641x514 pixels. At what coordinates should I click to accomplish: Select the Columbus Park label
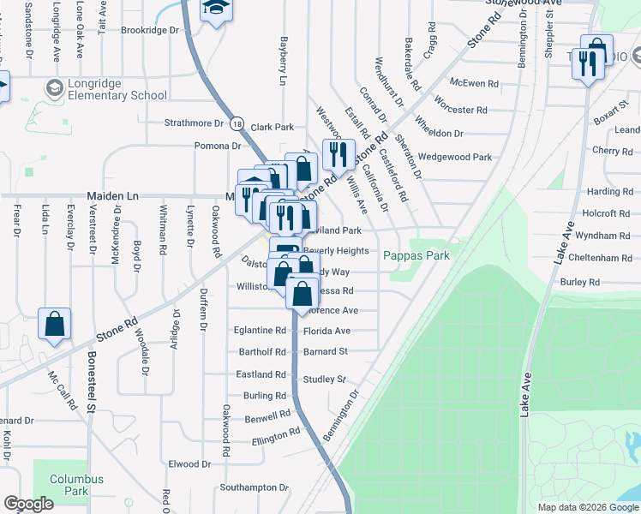(76, 486)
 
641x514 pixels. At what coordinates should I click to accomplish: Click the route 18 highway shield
(237, 123)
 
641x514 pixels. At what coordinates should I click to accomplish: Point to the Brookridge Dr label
(154, 30)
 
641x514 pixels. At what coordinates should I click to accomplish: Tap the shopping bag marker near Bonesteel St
(54, 325)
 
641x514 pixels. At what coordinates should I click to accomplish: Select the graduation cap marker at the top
(213, 9)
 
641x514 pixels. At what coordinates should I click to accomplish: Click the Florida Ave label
(326, 331)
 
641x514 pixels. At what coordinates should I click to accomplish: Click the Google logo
(28, 504)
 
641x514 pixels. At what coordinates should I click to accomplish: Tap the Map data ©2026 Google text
(587, 507)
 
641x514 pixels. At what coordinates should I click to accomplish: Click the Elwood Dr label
(189, 464)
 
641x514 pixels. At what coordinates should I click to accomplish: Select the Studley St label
(323, 380)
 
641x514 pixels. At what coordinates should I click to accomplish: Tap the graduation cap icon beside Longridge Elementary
(56, 87)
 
